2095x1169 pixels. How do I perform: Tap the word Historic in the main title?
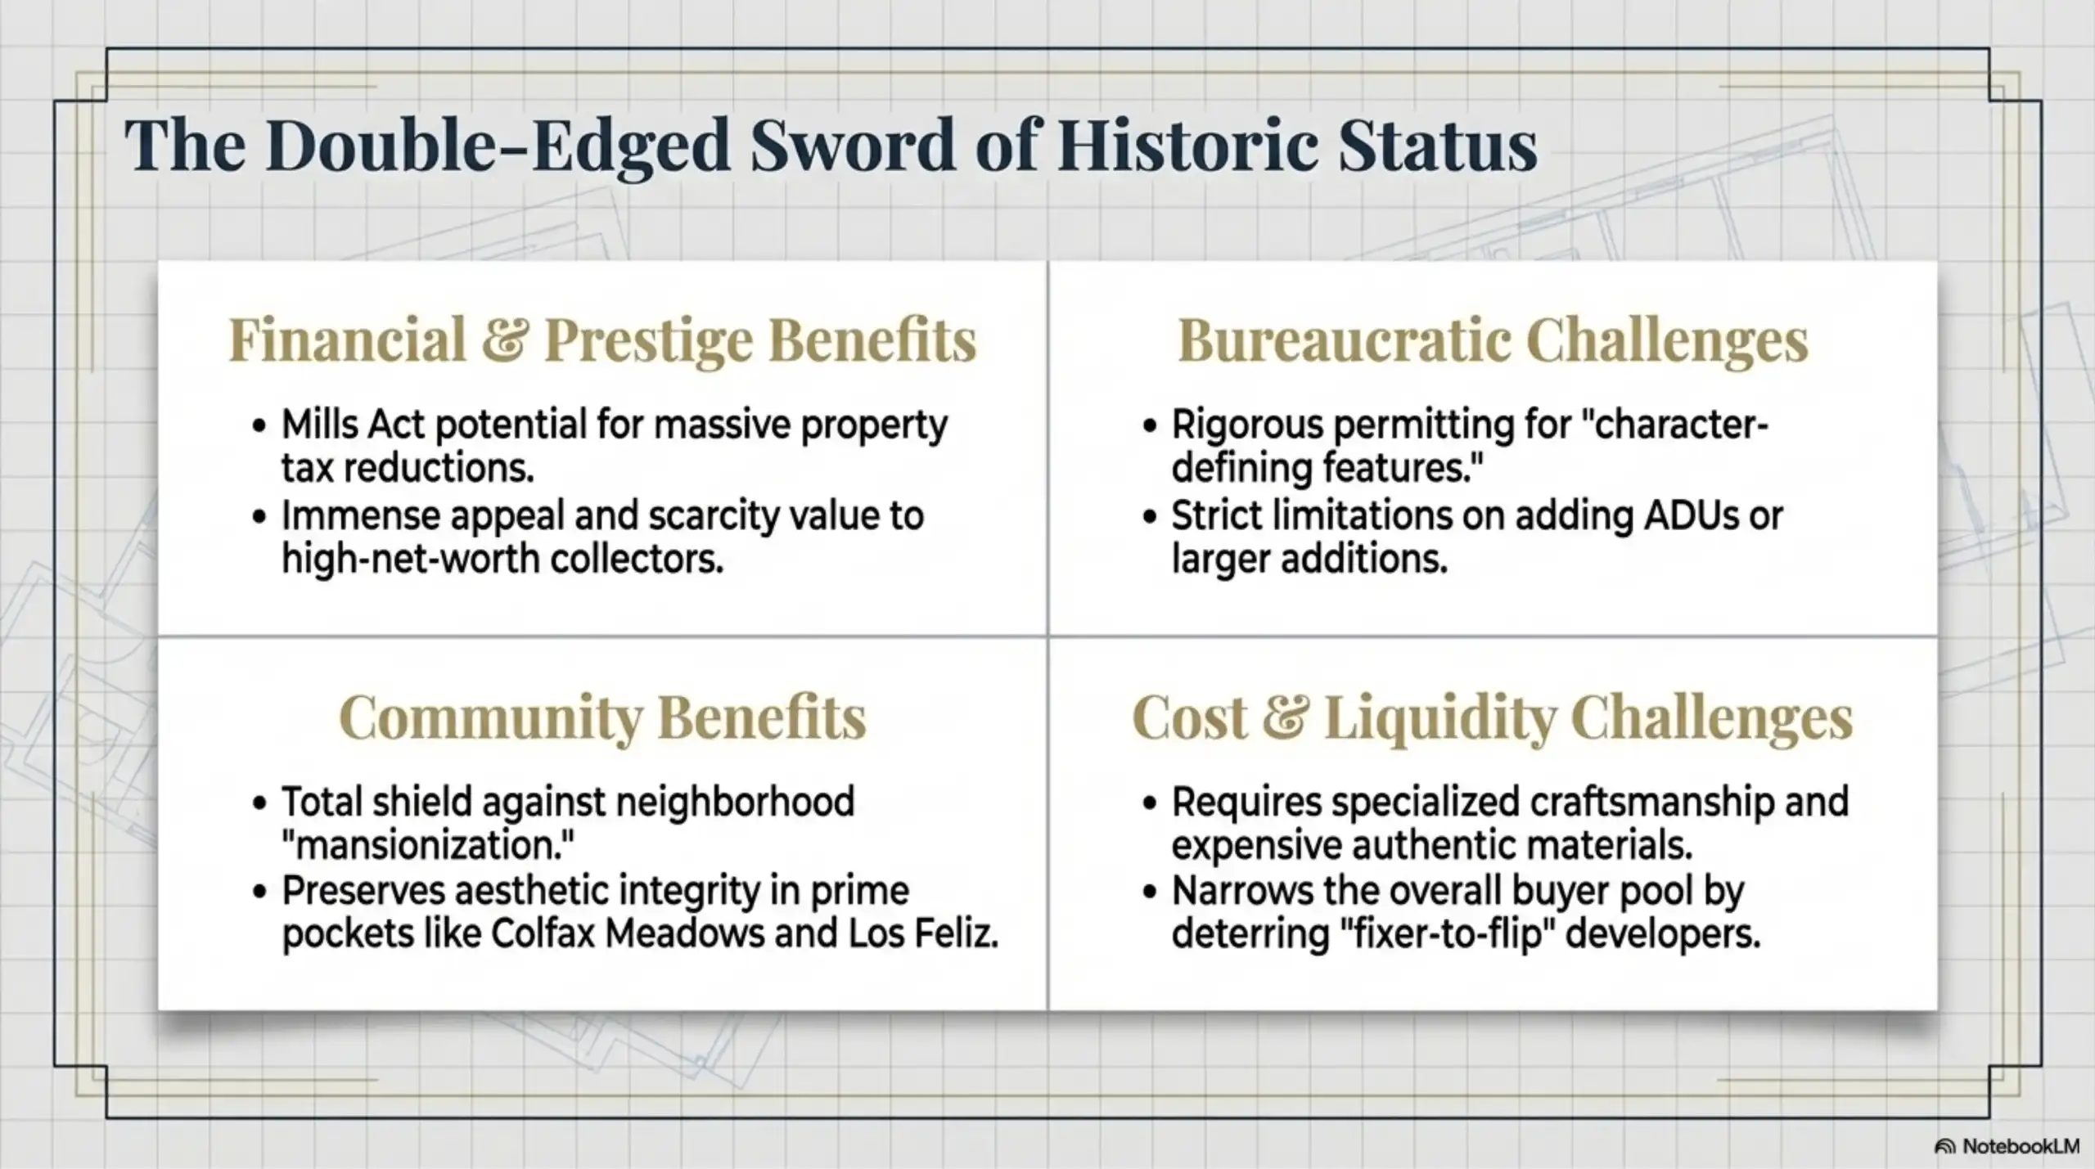tap(1187, 145)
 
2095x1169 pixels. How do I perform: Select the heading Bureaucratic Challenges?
tap(1493, 339)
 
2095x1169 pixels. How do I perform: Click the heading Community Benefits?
tap(602, 717)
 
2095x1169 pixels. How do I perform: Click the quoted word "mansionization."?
tap(427, 845)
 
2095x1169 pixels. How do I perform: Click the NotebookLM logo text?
tap(2021, 1146)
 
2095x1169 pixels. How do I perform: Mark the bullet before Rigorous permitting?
tap(1151, 426)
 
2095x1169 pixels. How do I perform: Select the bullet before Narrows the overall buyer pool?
tap(1151, 892)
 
